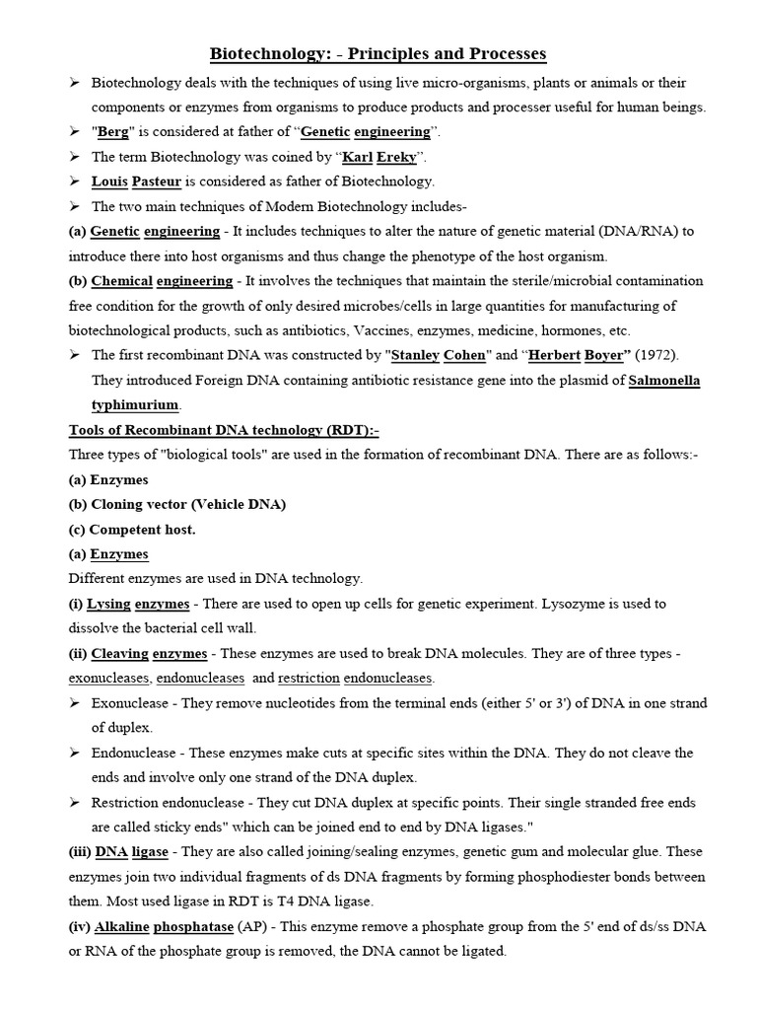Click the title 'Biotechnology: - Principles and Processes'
click(x=378, y=53)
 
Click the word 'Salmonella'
click(x=664, y=380)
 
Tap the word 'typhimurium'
click(x=135, y=404)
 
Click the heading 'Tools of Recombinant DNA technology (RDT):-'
click(x=224, y=430)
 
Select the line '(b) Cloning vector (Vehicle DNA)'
click(x=177, y=504)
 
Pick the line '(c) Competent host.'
click(x=132, y=529)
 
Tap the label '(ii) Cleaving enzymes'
click(x=138, y=653)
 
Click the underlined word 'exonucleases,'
click(x=109, y=679)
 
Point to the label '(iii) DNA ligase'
click(x=118, y=851)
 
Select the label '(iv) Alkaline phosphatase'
click(x=151, y=927)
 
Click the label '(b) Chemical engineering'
click(x=151, y=281)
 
